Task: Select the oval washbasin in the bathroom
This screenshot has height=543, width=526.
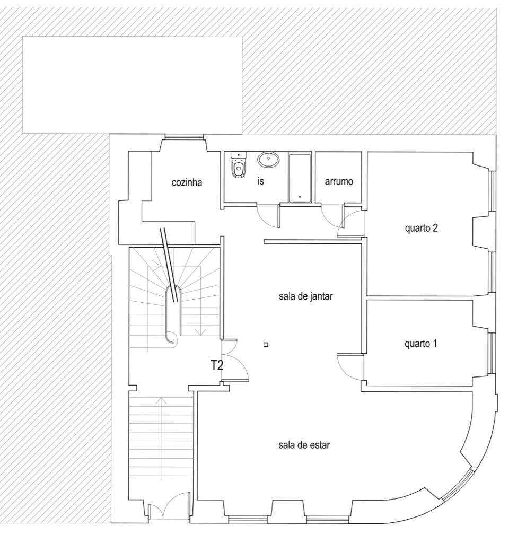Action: (268, 159)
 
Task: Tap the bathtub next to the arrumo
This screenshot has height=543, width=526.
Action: (300, 178)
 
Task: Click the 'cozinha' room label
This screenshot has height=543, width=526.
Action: (187, 182)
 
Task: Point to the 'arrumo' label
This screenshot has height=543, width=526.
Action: (339, 181)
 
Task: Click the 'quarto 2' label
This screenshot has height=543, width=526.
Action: (421, 228)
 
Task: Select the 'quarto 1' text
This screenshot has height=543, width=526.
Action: (420, 344)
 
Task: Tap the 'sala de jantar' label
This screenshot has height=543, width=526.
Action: (306, 296)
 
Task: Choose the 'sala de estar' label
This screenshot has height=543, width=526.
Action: (304, 445)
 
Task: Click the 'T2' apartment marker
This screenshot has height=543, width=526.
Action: (217, 365)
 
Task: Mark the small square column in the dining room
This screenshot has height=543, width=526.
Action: (266, 345)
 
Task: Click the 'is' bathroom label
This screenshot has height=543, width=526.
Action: (260, 181)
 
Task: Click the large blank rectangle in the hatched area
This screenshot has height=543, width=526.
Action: (132, 85)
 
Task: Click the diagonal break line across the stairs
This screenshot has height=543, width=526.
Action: (170, 265)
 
